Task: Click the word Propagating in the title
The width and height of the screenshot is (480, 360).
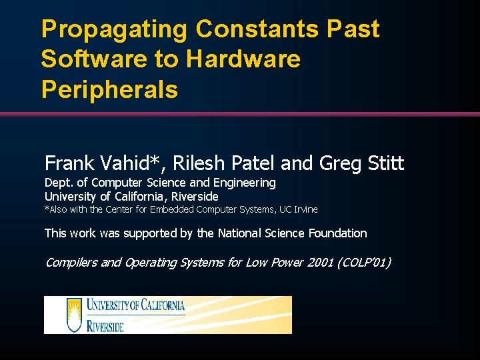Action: coord(114,29)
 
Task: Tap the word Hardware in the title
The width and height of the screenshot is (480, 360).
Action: coord(243,59)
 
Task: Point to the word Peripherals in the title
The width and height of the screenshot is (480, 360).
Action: coord(109,89)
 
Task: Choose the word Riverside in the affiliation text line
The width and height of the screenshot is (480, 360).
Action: coord(195,196)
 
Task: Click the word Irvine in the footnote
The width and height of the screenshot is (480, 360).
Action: coord(304,209)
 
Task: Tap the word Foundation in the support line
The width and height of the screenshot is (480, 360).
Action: coord(337,233)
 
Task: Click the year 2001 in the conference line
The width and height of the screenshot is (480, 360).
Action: coord(317,262)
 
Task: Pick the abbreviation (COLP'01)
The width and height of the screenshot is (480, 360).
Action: coord(364,262)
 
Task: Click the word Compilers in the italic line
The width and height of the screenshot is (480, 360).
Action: coord(71,262)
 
